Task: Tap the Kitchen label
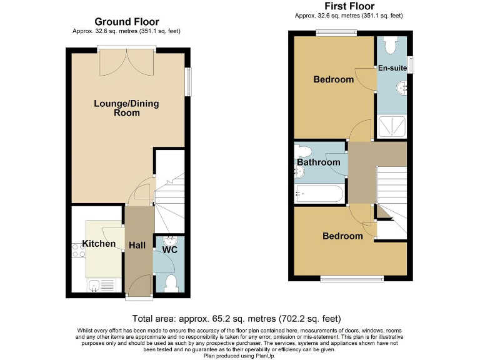(x=99, y=243)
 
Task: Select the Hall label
(x=137, y=245)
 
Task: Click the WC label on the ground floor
(x=169, y=249)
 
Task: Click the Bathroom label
(x=318, y=162)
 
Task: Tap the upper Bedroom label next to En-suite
(x=333, y=79)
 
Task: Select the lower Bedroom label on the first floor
(x=342, y=236)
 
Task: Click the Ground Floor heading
(x=127, y=22)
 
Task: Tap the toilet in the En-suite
(x=391, y=44)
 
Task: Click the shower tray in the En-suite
(x=391, y=127)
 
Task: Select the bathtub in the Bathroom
(x=319, y=194)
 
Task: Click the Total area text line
(x=239, y=317)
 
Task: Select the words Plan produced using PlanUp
(x=239, y=355)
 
